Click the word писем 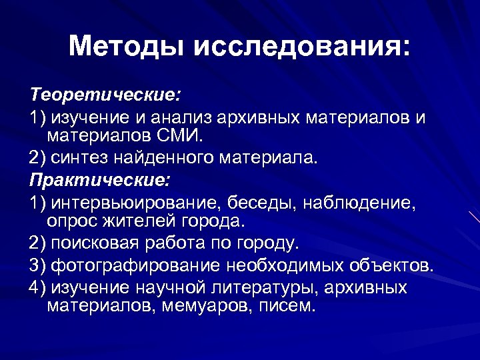click(x=287, y=307)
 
